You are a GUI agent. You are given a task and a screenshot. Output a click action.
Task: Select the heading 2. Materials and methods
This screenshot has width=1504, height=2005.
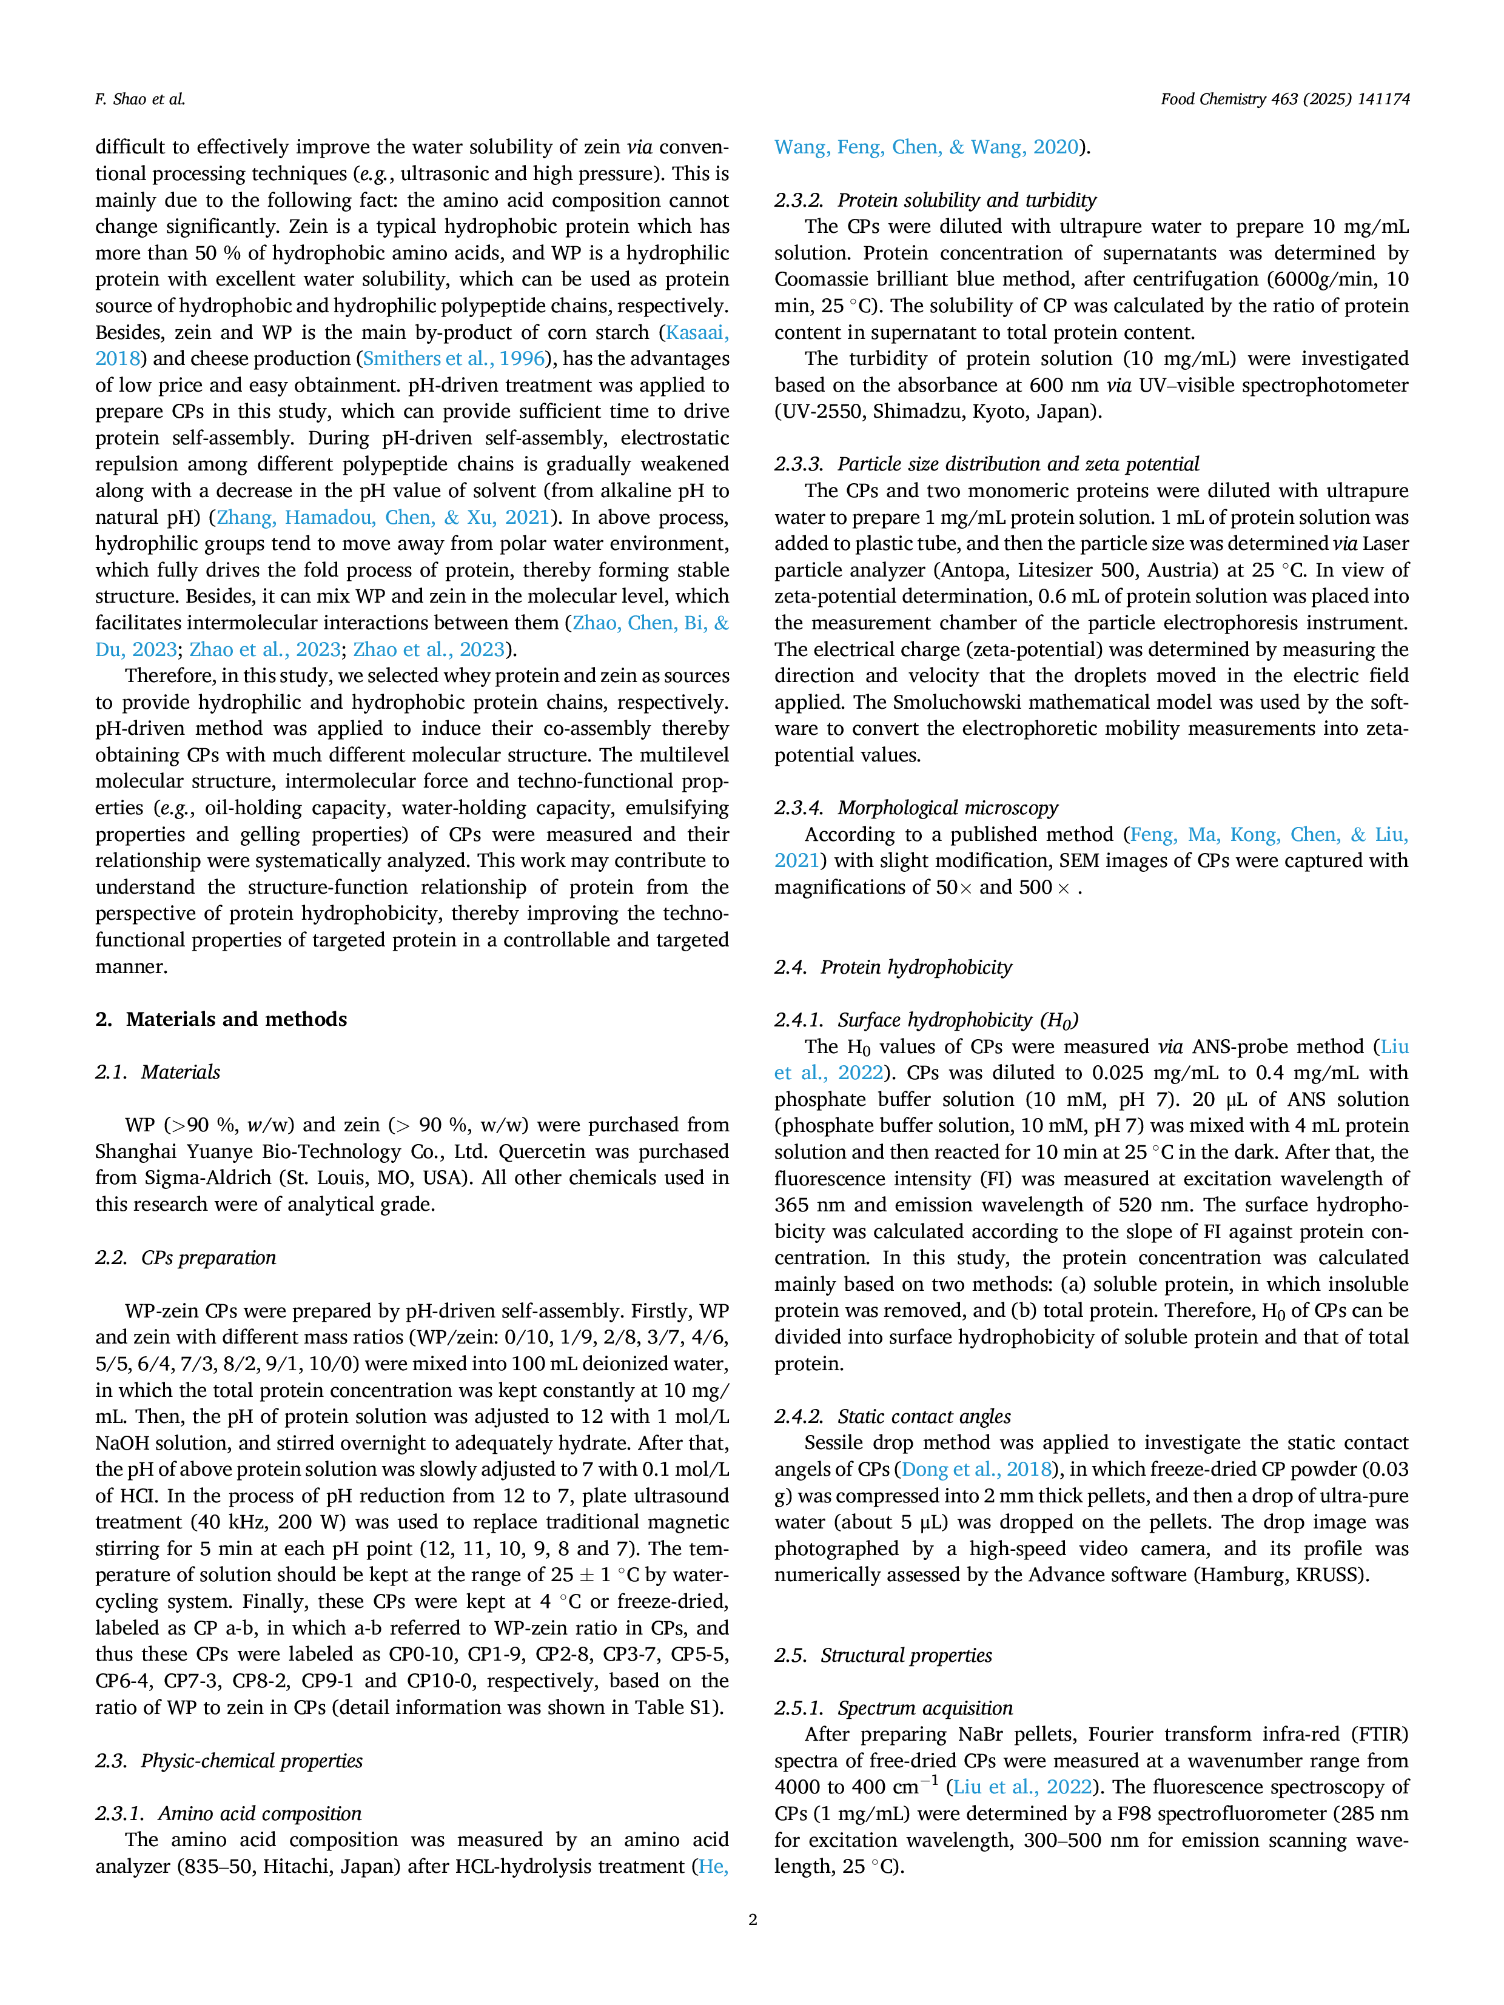coord(221,1020)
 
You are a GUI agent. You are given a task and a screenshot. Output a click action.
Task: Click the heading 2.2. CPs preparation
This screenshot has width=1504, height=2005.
coord(186,1258)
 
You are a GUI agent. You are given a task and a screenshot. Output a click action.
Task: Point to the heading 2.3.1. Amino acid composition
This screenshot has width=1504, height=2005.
coord(229,1814)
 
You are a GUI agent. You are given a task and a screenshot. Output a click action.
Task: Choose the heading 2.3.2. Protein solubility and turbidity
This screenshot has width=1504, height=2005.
coord(936,200)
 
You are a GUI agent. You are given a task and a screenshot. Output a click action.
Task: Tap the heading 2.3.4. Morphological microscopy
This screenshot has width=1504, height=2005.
coord(916,809)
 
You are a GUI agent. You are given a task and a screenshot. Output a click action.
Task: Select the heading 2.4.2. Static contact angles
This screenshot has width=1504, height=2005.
coord(893,1417)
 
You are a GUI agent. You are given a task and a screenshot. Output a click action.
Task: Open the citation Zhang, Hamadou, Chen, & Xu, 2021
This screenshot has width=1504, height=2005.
coord(383,518)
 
